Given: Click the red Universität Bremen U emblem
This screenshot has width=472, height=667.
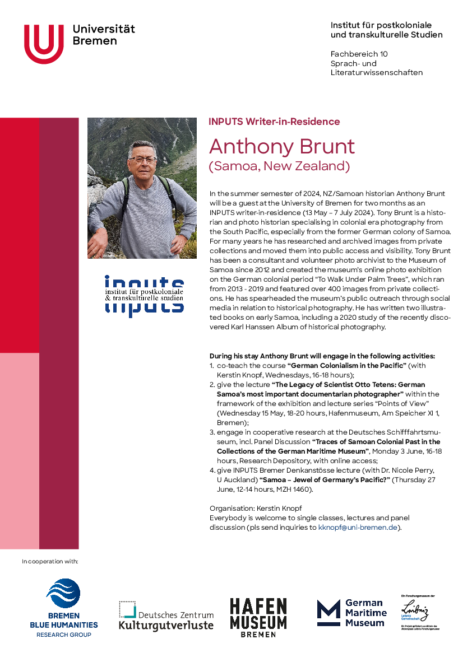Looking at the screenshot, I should [43, 44].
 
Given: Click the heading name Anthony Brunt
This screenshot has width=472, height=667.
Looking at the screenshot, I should [282, 147].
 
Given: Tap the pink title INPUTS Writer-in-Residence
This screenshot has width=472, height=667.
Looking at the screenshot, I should [274, 122].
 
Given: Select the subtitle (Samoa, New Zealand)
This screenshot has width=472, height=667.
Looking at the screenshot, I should [279, 166].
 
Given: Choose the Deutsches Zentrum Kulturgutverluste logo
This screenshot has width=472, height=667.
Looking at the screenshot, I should [166, 615].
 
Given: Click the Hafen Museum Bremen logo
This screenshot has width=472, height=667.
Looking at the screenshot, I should [258, 617].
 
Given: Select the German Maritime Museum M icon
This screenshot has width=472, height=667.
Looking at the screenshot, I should [328, 613].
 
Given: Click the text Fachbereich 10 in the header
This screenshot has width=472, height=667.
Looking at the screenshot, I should [359, 54].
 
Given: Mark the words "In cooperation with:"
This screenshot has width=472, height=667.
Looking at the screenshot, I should [50, 561].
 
